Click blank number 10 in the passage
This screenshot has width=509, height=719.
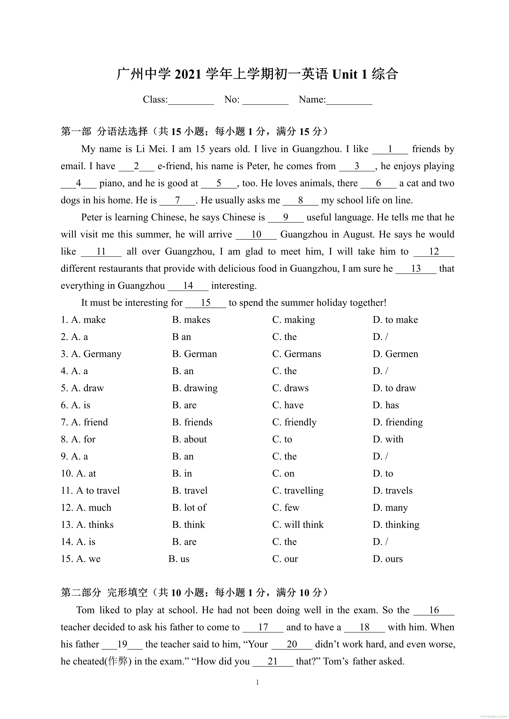point(256,235)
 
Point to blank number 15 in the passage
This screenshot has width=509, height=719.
point(206,303)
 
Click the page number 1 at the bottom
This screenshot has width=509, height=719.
point(257,682)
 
